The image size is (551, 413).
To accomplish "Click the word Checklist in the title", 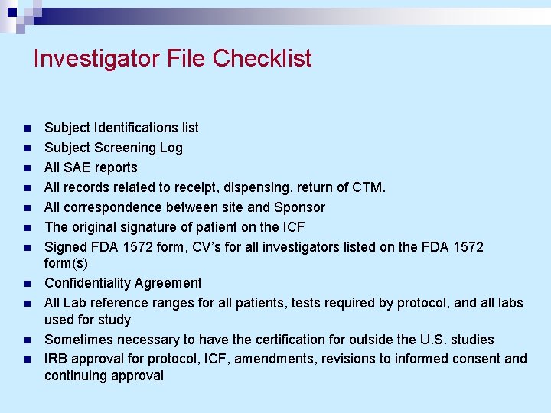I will pos(262,58).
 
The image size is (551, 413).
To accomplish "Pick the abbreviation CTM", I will pos(370,187).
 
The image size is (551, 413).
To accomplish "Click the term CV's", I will pos(203,247).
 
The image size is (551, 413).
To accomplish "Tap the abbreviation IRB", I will pos(57,359).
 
